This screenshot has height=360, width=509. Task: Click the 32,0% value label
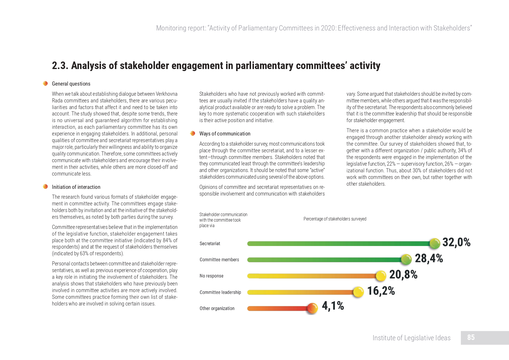(456, 242)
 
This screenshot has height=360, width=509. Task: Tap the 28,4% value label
(429, 258)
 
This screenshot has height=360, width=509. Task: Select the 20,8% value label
(403, 274)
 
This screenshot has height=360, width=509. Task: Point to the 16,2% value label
(381, 291)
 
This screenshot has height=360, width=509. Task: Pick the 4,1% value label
(333, 306)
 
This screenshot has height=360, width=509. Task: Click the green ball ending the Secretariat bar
(435, 244)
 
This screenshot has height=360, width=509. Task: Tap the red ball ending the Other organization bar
(313, 308)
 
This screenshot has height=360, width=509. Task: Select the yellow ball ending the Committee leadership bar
(358, 292)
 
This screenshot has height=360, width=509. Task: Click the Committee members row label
(219, 260)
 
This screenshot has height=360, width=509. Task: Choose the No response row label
(212, 276)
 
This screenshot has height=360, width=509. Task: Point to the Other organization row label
(217, 308)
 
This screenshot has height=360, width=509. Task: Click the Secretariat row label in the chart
(210, 244)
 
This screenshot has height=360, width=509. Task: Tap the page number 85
(471, 337)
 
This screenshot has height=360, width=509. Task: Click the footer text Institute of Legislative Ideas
(411, 338)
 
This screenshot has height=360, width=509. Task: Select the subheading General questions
(71, 84)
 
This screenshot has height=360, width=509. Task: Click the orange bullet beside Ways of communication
(193, 133)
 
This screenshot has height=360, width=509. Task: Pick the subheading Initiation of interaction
(76, 187)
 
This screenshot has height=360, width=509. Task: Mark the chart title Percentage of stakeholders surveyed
(335, 219)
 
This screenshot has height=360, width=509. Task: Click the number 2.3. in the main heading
(60, 66)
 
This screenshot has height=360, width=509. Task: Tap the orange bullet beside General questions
(45, 84)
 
